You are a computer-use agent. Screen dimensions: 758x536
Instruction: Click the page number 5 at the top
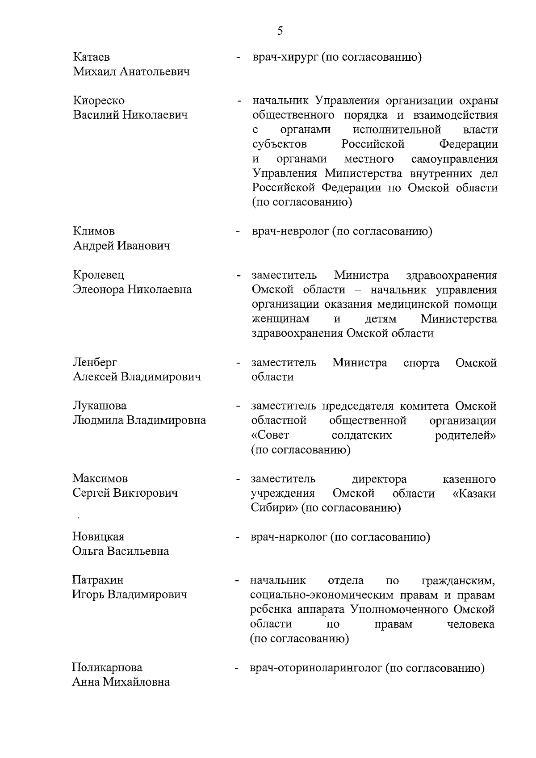coord(280,30)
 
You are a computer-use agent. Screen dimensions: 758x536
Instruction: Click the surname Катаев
coord(92,57)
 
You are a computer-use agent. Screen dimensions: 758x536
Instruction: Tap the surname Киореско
coord(99,101)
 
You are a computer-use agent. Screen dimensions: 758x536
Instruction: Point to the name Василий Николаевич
coord(130,115)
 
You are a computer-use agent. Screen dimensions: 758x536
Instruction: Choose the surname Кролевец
coord(99,275)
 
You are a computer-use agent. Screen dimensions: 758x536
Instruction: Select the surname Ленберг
coord(95,362)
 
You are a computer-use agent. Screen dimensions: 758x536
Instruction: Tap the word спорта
coord(421,363)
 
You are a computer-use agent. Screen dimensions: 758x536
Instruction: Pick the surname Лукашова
coord(100,406)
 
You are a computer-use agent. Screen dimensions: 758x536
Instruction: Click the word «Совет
coord(270,435)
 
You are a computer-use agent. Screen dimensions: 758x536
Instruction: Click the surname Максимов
coord(100,478)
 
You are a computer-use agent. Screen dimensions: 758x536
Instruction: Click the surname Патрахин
coord(98,580)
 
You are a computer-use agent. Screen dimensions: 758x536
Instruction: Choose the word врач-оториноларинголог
coord(315,668)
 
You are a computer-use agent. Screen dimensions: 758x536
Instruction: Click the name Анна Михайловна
coord(121,682)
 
